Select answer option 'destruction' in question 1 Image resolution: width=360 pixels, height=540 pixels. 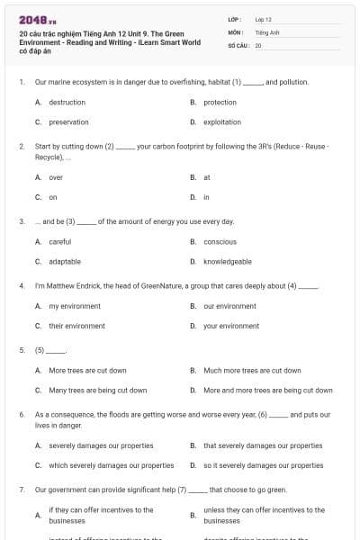[x=67, y=103]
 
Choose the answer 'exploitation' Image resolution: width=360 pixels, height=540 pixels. [x=221, y=121]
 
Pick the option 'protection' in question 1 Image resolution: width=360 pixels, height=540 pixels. [x=220, y=103]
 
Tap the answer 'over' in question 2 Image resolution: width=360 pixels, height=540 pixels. [x=56, y=177]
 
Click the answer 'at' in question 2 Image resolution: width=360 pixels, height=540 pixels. [x=207, y=177]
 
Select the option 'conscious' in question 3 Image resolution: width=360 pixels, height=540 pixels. [x=220, y=242]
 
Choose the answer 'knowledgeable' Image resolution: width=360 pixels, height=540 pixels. [x=227, y=261]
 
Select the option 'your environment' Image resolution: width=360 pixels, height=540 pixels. [x=231, y=326]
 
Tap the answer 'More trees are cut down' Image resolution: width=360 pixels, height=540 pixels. [x=87, y=370]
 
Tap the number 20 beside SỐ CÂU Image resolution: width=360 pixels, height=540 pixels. [x=258, y=44]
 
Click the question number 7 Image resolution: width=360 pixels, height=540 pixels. [x=21, y=490]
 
